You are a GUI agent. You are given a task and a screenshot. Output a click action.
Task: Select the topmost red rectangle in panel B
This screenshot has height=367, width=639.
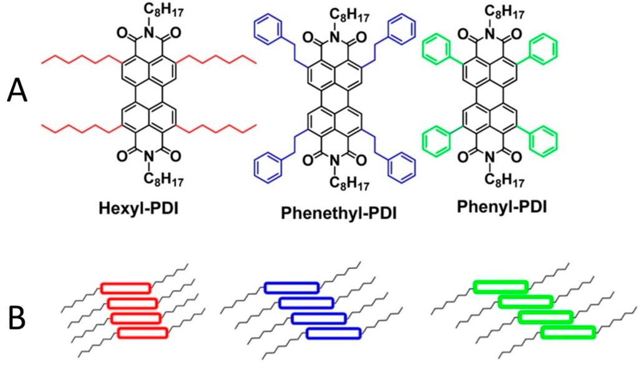tap(125, 288)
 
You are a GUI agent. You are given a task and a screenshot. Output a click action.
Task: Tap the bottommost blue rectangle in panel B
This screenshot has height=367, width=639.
tap(333, 333)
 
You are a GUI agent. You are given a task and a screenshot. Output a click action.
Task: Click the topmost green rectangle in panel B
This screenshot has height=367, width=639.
tap(499, 286)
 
